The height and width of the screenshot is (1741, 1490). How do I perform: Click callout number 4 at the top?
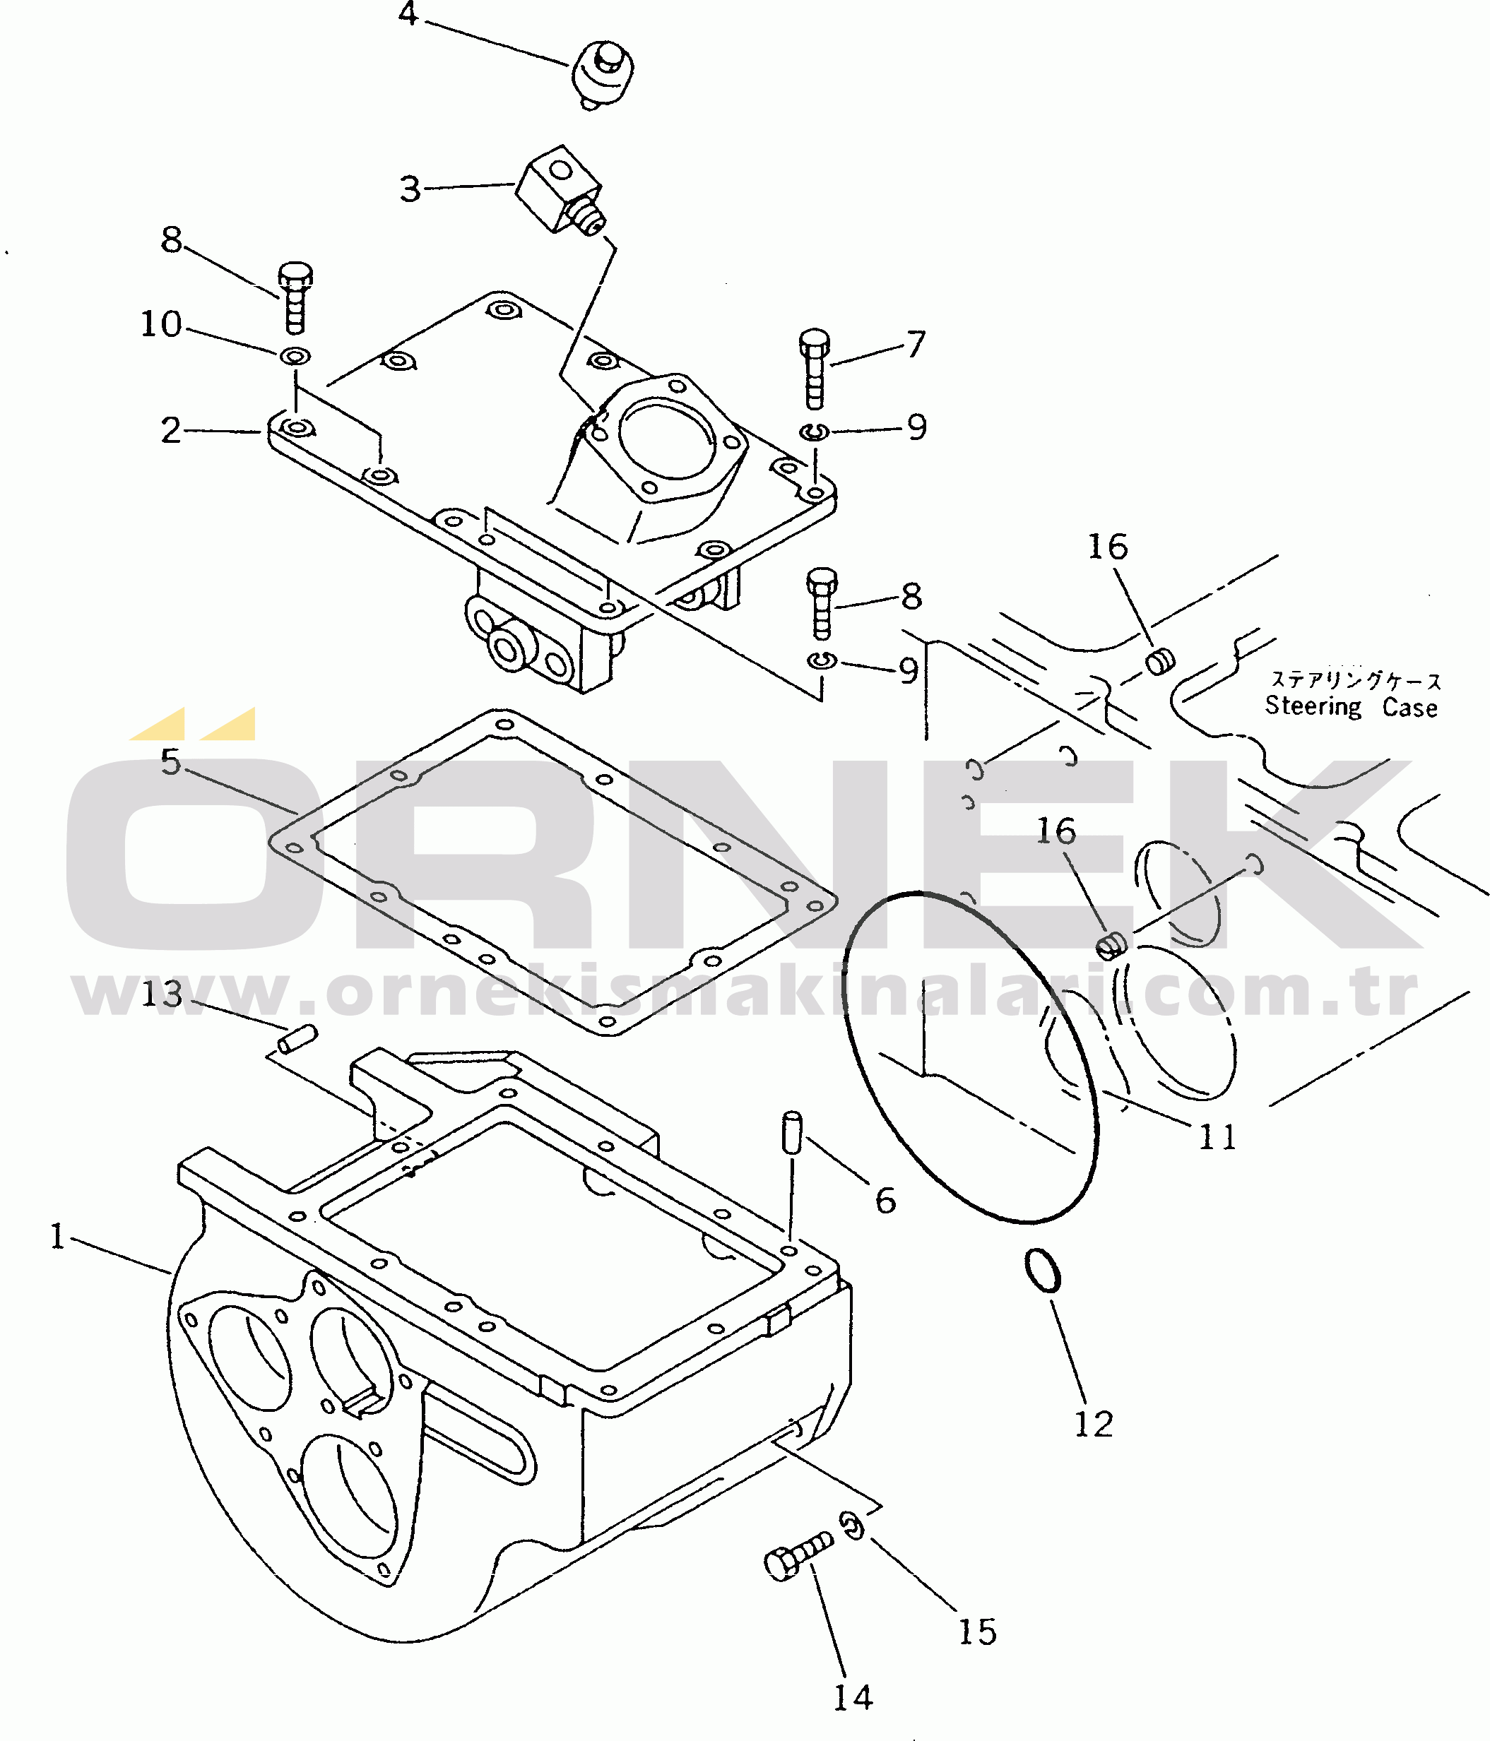pos(408,13)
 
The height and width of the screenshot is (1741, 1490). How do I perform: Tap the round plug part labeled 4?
pos(603,75)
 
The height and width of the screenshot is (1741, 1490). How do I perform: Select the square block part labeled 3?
pos(560,191)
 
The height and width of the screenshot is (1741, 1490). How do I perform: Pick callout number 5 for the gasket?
pos(170,761)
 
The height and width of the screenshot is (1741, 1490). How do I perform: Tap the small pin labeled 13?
pos(297,1038)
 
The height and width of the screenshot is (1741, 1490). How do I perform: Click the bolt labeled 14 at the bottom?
pos(798,1558)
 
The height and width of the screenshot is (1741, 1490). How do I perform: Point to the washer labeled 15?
pos(851,1525)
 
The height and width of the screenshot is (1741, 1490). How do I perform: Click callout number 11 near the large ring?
pos(1217,1138)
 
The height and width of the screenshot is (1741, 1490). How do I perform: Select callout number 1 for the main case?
pos(57,1236)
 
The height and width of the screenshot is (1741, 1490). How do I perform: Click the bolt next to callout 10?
pos(295,297)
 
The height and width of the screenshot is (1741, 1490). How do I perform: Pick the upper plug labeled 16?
pos(1161,661)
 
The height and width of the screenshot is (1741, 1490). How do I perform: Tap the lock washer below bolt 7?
pos(813,432)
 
